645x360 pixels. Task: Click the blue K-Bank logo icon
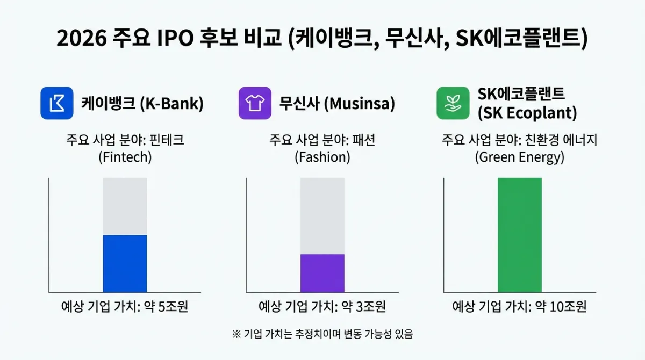coord(56,103)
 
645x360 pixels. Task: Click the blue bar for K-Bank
coord(125,264)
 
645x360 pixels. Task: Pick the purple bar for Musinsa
coord(322,273)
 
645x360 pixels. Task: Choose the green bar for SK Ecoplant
coord(520,235)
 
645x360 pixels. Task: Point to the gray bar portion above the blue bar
coord(125,206)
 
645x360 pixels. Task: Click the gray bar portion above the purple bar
coord(322,215)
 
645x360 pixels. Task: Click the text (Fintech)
coord(125,158)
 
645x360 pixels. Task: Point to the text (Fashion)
coord(322,158)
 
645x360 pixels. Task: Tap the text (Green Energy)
coord(519,158)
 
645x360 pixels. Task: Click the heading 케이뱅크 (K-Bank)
coord(142,103)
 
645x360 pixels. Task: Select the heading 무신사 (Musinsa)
coord(337,103)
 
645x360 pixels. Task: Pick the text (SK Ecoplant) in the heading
coord(527,113)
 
